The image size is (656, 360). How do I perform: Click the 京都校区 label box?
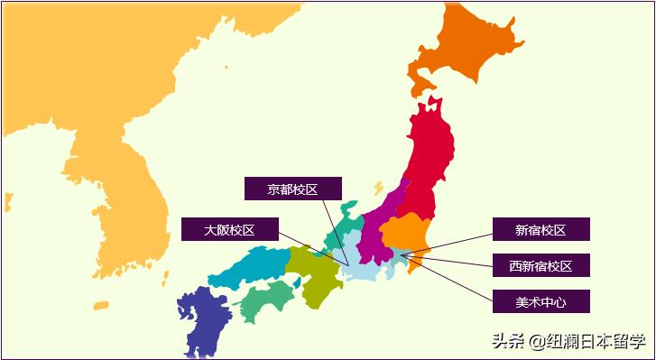(x=293, y=189)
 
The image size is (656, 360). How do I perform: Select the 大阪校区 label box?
(x=229, y=229)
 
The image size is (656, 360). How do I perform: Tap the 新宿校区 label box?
(x=541, y=229)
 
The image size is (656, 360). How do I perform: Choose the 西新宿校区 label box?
(x=541, y=265)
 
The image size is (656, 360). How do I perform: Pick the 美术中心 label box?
(x=541, y=300)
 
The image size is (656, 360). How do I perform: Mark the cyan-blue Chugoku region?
(x=248, y=266)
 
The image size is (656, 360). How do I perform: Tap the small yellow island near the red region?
(x=378, y=188)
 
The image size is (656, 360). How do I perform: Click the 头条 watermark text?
(x=506, y=341)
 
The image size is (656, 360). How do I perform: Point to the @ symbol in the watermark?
(x=537, y=341)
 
